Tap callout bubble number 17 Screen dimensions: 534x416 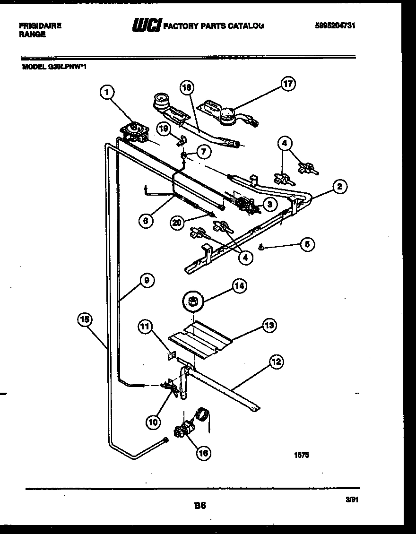click(x=287, y=85)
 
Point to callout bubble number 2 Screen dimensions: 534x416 click(x=339, y=186)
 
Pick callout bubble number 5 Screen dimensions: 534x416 click(x=307, y=244)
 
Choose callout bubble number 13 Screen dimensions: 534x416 click(x=269, y=325)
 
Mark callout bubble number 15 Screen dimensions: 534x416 click(x=85, y=320)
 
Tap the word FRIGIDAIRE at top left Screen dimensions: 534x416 click(x=40, y=26)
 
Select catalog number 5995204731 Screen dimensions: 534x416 click(x=334, y=26)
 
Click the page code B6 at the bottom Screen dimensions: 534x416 click(x=200, y=505)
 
